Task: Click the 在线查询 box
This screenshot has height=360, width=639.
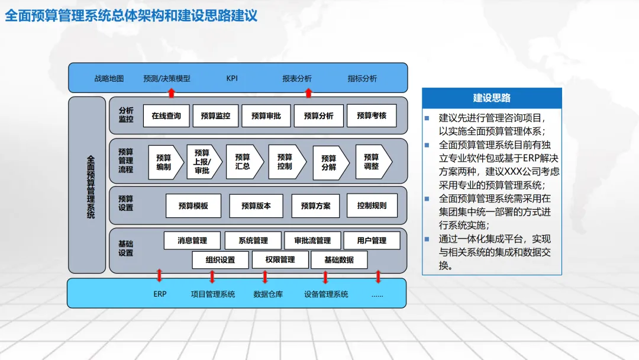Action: click(166, 116)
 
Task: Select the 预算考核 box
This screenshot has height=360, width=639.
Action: click(372, 116)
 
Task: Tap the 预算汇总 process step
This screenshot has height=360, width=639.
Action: click(243, 162)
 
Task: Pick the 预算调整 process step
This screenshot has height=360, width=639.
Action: click(372, 162)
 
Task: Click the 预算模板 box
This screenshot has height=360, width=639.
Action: click(193, 206)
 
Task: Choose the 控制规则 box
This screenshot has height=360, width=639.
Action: click(372, 205)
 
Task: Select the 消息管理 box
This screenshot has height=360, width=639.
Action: click(192, 240)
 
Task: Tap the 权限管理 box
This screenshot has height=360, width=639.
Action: click(280, 260)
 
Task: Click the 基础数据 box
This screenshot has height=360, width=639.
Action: click(339, 260)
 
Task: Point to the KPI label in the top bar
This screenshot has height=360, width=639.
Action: click(232, 78)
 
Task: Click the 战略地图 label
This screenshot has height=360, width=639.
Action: click(109, 78)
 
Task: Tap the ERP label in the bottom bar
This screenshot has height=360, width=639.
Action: click(160, 294)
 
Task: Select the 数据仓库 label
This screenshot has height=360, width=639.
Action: click(268, 294)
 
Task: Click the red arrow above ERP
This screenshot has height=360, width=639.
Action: click(159, 276)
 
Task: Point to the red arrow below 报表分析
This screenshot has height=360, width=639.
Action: click(308, 92)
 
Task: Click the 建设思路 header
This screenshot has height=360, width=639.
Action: click(492, 98)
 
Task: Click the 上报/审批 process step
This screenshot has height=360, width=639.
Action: click(202, 162)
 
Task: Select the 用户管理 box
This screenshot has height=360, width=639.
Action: click(372, 240)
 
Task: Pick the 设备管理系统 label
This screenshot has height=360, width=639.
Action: click(326, 294)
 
